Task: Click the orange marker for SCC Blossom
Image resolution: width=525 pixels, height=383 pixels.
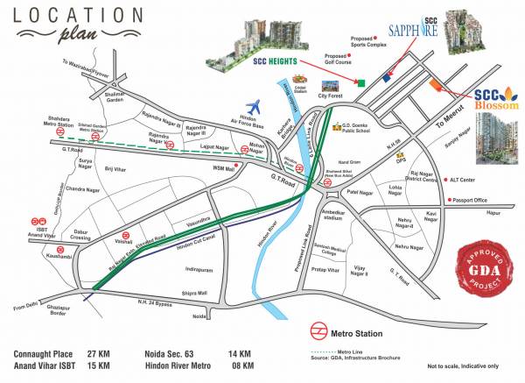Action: click(435, 85)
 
